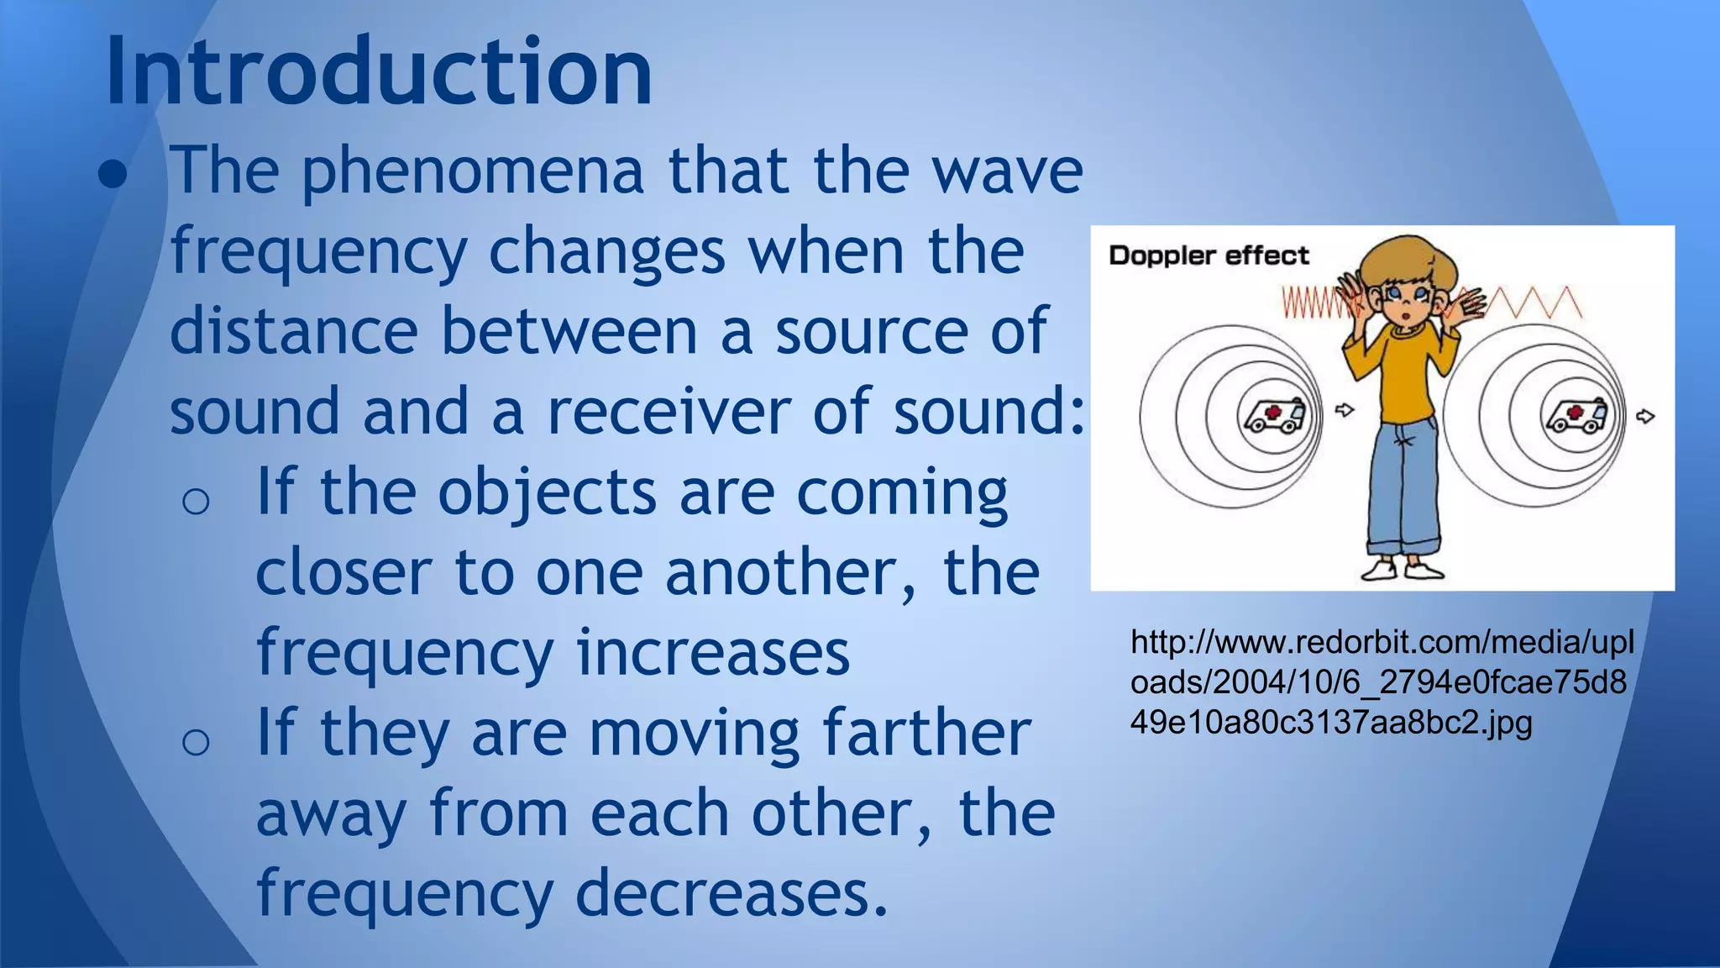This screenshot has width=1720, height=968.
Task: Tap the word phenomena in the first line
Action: coord(472,171)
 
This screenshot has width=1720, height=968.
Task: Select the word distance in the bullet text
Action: coord(294,331)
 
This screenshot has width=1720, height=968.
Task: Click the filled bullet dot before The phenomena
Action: coord(113,175)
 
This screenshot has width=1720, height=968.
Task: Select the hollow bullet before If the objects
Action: coord(196,502)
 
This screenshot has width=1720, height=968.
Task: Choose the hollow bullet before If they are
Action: coord(196,742)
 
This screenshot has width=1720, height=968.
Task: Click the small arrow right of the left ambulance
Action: coord(1345,410)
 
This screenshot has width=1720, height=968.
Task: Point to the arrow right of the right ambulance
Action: coord(1646,416)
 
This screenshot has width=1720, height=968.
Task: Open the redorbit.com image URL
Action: coord(1382,682)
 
